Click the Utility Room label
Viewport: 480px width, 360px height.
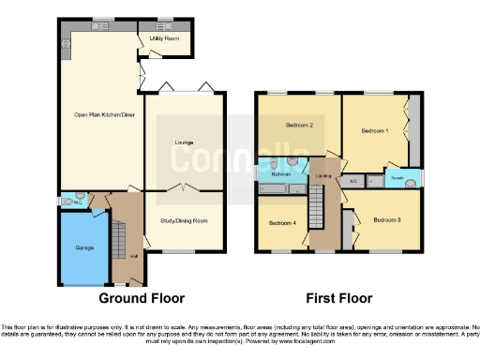(164, 38)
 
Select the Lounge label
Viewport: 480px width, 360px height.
(184, 142)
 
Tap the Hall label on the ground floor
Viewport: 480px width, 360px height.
(133, 256)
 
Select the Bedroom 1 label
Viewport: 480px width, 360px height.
(375, 131)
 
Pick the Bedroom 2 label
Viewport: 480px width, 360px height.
(298, 125)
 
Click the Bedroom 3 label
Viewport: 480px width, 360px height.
(387, 219)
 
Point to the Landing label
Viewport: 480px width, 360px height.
(324, 176)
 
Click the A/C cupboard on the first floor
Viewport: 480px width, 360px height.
(353, 180)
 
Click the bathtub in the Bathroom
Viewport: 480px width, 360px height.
(276, 190)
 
